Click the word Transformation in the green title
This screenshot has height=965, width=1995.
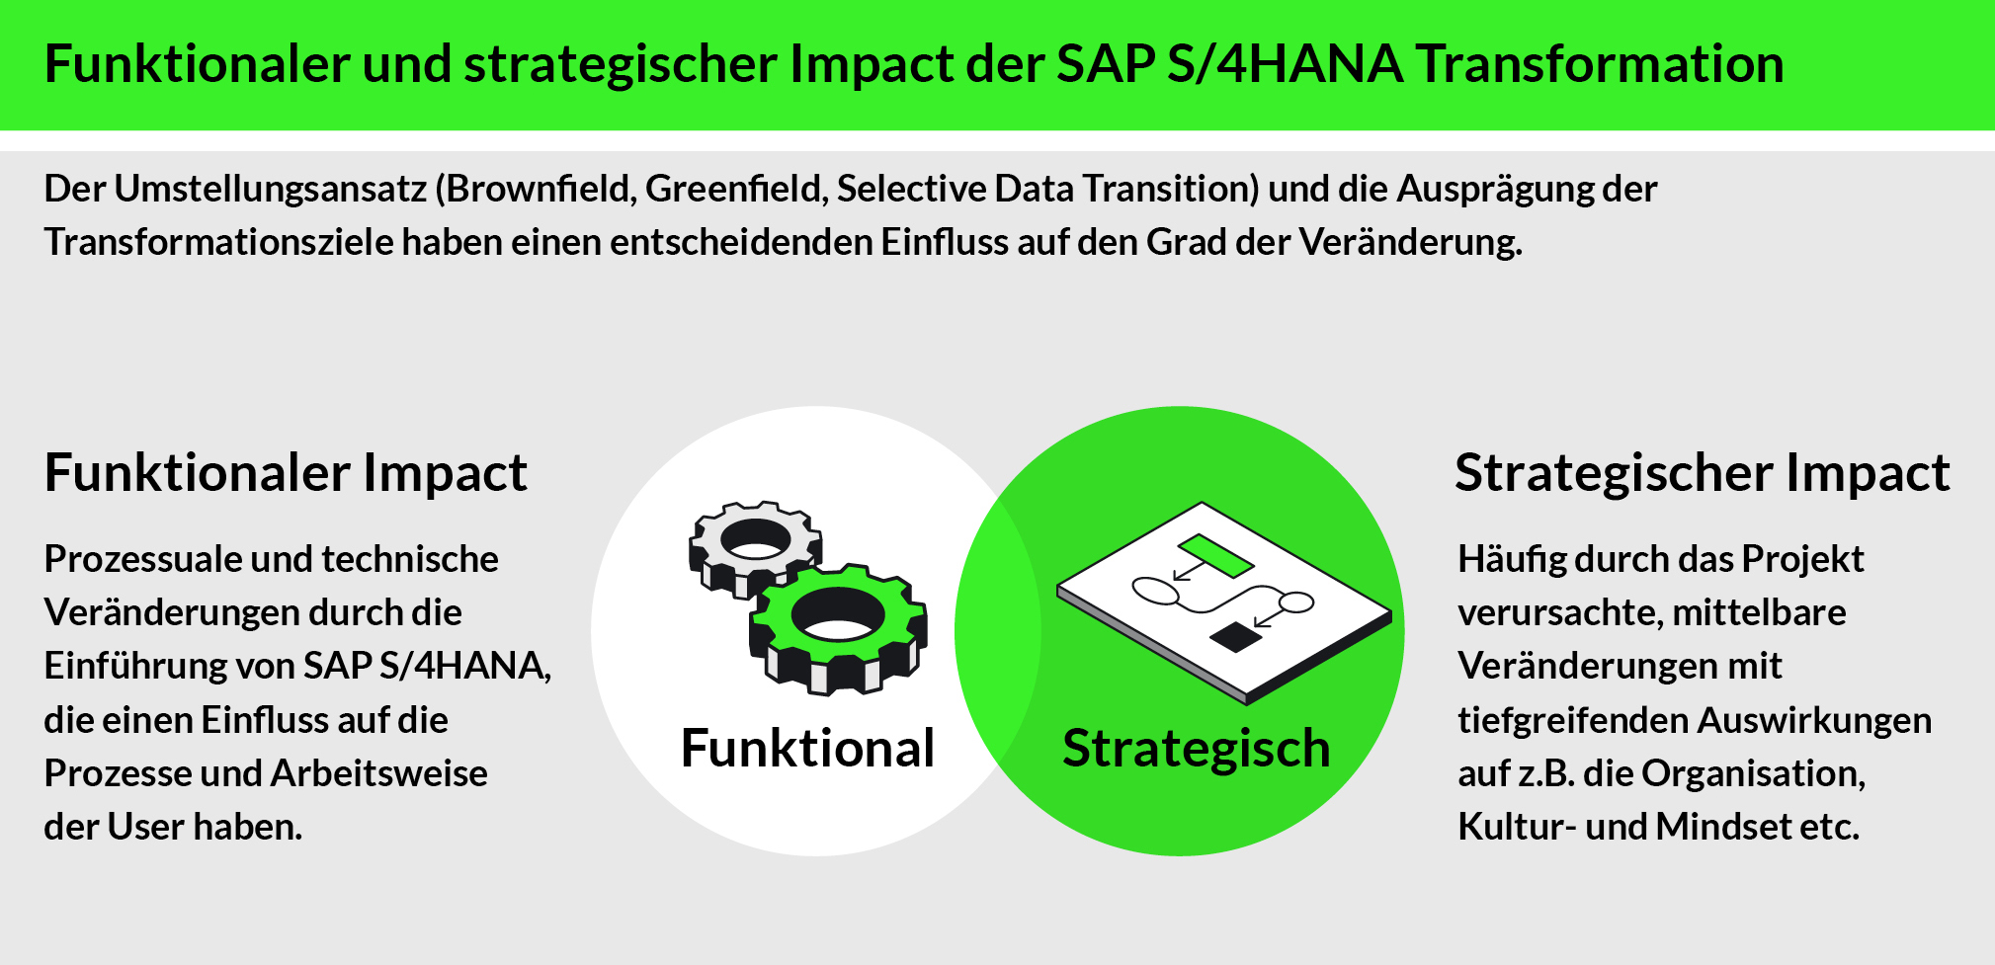[x=1601, y=64]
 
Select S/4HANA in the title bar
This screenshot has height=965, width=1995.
[x=1285, y=64]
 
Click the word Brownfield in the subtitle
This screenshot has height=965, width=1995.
[x=540, y=188]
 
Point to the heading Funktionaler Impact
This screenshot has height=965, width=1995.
[x=286, y=472]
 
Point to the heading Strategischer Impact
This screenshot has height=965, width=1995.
[x=1703, y=472]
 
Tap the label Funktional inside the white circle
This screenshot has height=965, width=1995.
[x=807, y=748]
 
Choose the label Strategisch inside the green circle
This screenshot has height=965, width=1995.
[x=1196, y=749]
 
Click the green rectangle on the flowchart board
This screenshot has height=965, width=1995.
[x=1215, y=555]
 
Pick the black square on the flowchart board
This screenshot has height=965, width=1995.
[x=1236, y=637]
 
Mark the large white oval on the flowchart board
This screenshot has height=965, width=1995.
[x=1156, y=591]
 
